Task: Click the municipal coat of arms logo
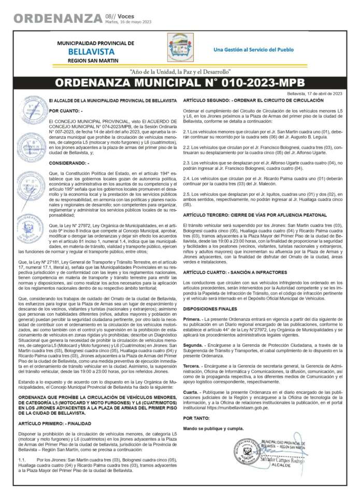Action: pos(180,47)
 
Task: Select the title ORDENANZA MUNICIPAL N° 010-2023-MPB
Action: pos(180,83)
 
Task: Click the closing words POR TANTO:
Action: pos(196,417)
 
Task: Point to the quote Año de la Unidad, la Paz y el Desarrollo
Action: pos(180,71)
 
